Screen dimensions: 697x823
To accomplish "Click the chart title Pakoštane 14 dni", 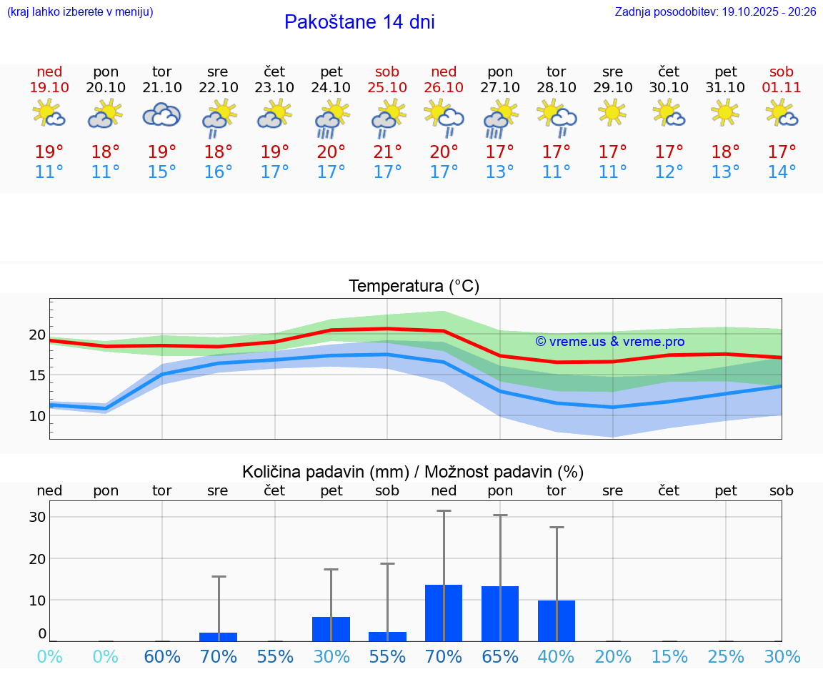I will (x=359, y=22).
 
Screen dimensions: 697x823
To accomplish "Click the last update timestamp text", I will (x=715, y=11).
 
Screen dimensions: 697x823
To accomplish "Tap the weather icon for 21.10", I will (x=161, y=114).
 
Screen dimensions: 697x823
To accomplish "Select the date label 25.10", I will (x=387, y=87).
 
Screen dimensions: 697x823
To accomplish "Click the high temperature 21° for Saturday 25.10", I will (x=387, y=152).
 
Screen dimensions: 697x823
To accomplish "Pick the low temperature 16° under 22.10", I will (x=218, y=172).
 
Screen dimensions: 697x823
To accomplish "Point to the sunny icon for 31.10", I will (x=725, y=113).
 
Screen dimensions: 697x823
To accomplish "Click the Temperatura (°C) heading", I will (x=414, y=287).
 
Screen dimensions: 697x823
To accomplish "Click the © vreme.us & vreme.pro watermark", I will (x=609, y=342).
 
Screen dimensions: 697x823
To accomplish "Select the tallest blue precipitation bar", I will (x=444, y=613).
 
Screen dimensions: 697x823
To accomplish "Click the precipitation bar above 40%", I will (x=556, y=621).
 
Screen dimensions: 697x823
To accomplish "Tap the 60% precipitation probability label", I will (x=162, y=656).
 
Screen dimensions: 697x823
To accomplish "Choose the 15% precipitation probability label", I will (x=669, y=656).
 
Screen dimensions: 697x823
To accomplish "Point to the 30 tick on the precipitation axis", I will (x=37, y=517).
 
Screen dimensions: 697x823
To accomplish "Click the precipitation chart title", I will (x=413, y=472).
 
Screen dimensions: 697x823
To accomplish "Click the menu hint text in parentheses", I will (x=80, y=11).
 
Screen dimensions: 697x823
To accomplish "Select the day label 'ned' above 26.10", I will (x=444, y=71).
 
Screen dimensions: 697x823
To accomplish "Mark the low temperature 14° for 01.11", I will (x=782, y=172).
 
